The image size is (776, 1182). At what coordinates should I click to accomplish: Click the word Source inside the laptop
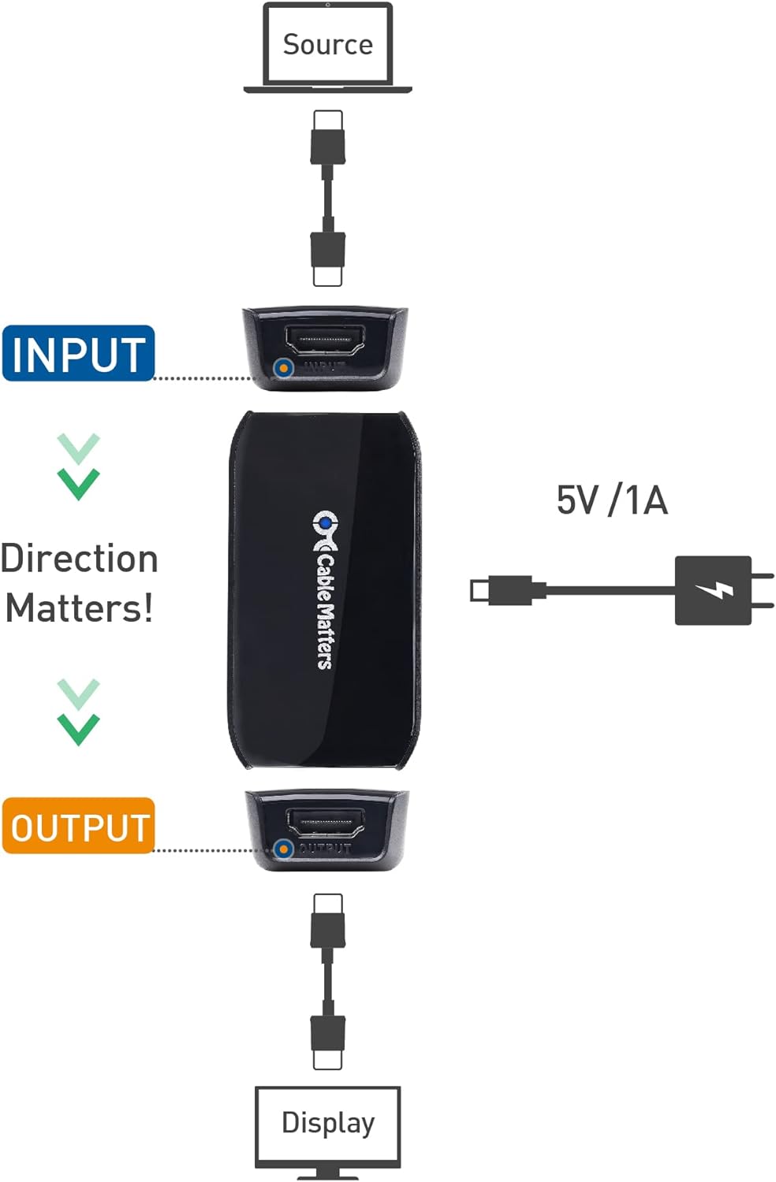pyautogui.click(x=327, y=44)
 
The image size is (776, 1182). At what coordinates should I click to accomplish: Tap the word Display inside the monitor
pyautogui.click(x=328, y=1122)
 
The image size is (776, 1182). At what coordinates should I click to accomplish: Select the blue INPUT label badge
pyautogui.click(x=78, y=354)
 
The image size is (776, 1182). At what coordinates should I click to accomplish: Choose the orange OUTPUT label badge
pyautogui.click(x=79, y=827)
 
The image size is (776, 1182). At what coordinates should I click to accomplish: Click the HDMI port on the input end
pyautogui.click(x=324, y=340)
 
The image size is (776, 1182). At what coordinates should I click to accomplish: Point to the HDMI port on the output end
pyautogui.click(x=325, y=823)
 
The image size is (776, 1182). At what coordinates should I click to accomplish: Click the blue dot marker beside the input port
pyautogui.click(x=283, y=367)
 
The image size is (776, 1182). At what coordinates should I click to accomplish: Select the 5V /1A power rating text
pyautogui.click(x=612, y=500)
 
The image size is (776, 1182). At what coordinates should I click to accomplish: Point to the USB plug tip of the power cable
pyautogui.click(x=479, y=590)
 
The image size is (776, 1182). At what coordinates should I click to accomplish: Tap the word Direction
pyautogui.click(x=80, y=559)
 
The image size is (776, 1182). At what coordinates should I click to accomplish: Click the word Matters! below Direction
pyautogui.click(x=80, y=608)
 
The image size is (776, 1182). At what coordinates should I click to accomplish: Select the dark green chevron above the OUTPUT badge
pyautogui.click(x=78, y=729)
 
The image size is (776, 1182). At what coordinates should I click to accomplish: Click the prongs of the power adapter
pyautogui.click(x=763, y=590)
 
